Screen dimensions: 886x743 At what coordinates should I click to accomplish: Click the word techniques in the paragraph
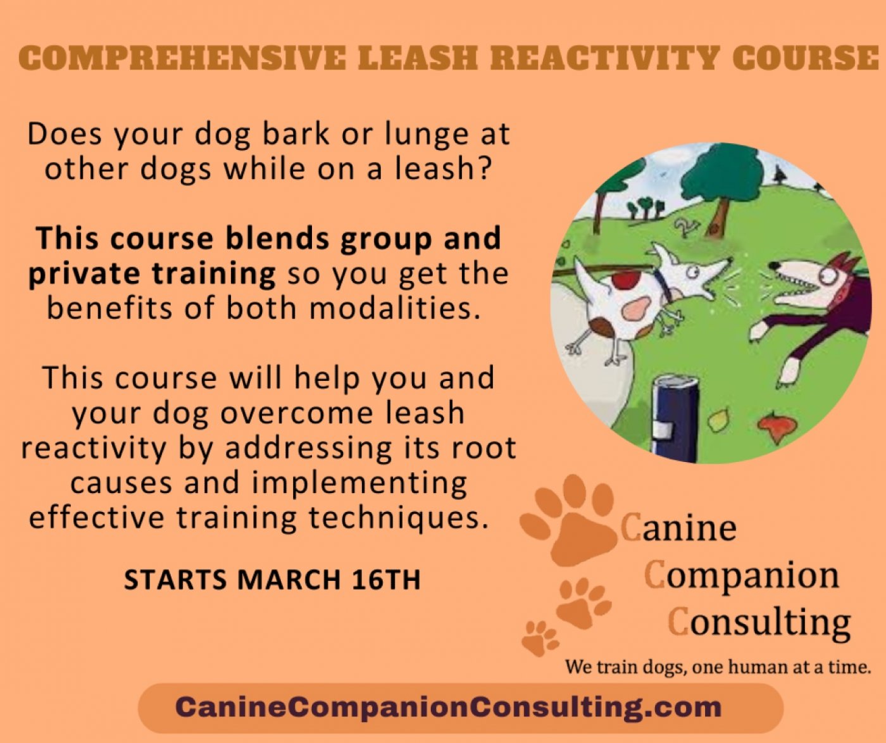(x=399, y=518)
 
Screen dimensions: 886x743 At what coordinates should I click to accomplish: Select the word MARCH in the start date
(x=289, y=580)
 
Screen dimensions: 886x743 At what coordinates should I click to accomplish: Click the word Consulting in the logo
(x=759, y=622)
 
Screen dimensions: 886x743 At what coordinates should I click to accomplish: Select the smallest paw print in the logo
(x=539, y=638)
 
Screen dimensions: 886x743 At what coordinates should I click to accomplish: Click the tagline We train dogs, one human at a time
(x=718, y=667)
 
